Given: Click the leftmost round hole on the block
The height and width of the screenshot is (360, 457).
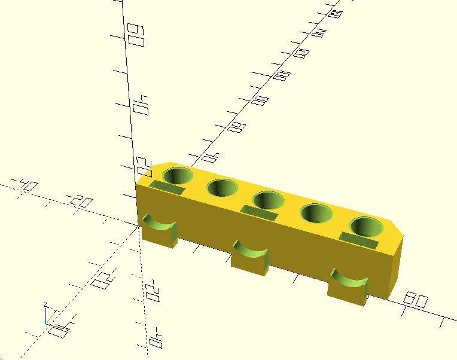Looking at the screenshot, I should coord(178,176).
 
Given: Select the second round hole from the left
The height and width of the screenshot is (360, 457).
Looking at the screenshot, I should coord(223,188).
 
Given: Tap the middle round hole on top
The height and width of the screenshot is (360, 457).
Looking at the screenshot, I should coord(267,200).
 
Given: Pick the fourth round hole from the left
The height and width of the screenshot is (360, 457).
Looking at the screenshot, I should coord(316,213).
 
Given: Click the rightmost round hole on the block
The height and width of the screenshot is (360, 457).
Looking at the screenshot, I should coord(365,227).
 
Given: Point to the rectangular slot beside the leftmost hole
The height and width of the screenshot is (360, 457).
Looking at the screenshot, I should coord(167,188).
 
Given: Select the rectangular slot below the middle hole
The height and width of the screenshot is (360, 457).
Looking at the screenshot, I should coord(259,212).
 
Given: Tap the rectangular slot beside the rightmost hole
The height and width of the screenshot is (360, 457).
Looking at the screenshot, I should coord(358,240).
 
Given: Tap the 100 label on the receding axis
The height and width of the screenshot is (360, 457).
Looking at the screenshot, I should coord(282,76).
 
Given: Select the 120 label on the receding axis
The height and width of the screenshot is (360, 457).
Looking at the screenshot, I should coord(302,53).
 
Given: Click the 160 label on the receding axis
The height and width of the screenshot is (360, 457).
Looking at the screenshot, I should coord(336,13).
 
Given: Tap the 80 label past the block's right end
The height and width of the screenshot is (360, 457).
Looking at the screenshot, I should coord(416,300).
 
